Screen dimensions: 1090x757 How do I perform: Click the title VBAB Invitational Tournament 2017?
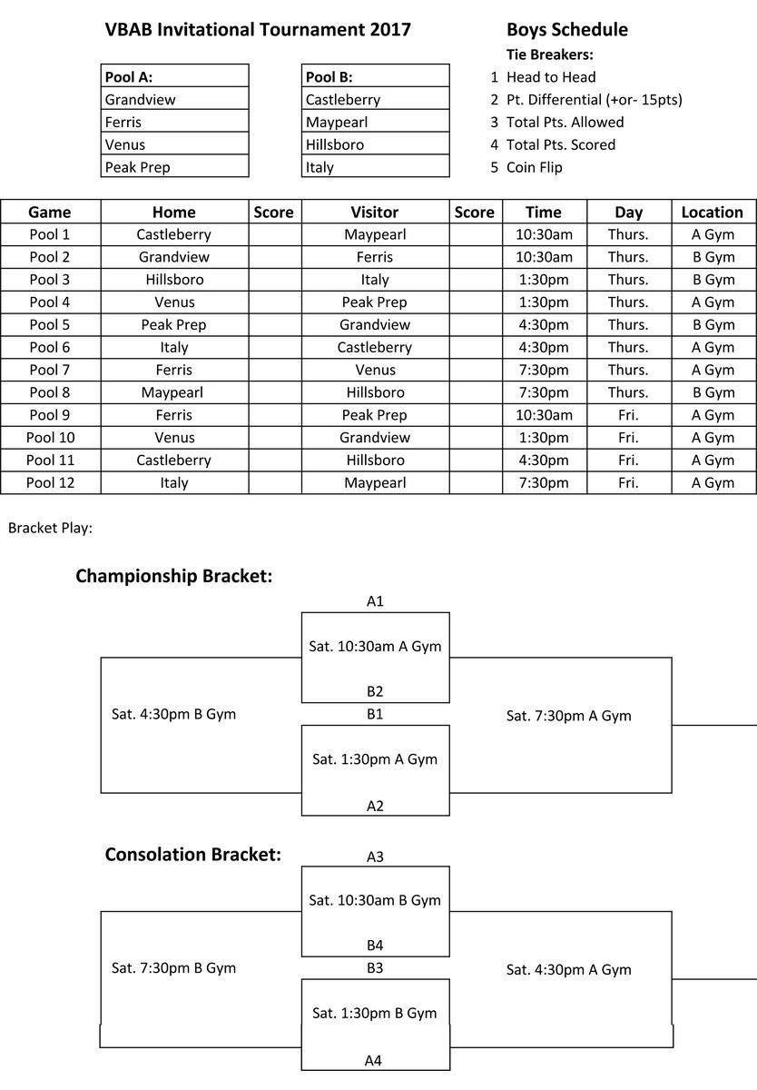(x=258, y=30)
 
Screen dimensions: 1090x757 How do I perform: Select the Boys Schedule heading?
(x=566, y=30)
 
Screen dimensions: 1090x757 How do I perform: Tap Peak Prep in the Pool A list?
(x=137, y=167)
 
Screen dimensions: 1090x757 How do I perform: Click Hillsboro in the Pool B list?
(x=334, y=144)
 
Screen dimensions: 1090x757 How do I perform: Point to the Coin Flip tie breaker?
(x=534, y=167)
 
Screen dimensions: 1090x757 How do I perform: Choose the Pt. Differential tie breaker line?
(x=594, y=100)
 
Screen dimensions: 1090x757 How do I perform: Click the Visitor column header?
(x=374, y=213)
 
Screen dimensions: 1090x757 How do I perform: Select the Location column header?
(x=712, y=213)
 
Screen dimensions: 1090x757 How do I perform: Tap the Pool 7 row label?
(x=49, y=370)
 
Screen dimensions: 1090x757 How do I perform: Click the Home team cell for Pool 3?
(x=173, y=280)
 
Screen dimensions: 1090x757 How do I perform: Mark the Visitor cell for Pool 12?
(x=374, y=483)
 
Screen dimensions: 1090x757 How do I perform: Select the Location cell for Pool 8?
(x=712, y=392)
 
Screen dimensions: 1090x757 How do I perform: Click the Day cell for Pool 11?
(x=628, y=461)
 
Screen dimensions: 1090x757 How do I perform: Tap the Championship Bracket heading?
(x=173, y=576)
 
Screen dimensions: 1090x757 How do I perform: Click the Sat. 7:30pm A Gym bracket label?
(x=568, y=716)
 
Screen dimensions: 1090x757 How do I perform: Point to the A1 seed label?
(x=375, y=601)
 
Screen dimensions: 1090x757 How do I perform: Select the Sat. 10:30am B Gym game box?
(x=375, y=900)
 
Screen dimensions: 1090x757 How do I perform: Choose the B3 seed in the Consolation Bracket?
(x=375, y=968)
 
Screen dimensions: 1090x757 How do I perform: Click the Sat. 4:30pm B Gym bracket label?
(x=173, y=714)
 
